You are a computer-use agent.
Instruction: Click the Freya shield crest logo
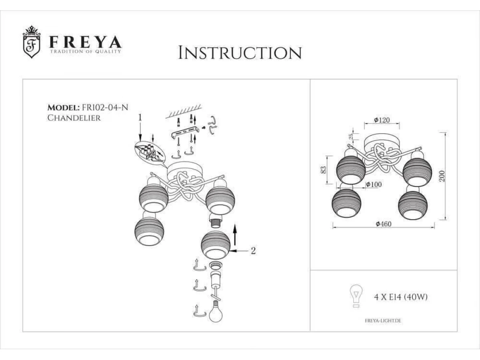point(32,42)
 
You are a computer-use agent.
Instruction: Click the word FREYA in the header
point(85,42)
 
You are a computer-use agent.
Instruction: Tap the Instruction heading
point(240,52)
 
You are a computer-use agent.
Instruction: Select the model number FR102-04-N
point(105,108)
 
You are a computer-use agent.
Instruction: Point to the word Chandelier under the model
point(74,118)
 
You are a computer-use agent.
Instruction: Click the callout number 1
point(140,118)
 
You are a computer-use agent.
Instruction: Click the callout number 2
point(253,251)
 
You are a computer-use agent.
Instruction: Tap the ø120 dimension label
point(382,120)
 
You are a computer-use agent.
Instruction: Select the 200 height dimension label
point(442,176)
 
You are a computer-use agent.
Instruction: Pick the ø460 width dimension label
point(384,224)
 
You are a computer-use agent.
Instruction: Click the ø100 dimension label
point(374,185)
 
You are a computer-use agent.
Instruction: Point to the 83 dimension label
point(323,170)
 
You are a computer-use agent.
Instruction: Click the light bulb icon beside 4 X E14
point(356,296)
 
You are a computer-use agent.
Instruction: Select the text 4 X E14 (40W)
point(401,297)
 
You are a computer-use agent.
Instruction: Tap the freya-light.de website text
point(383,321)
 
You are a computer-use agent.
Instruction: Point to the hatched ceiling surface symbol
point(184,111)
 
